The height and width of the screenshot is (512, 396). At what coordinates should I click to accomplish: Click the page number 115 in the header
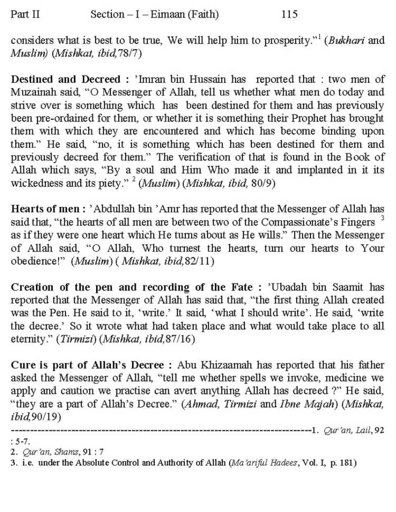[x=289, y=14]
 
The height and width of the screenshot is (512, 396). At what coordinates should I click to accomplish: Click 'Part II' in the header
[x=25, y=14]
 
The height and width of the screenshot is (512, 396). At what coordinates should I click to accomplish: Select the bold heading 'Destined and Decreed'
[x=66, y=79]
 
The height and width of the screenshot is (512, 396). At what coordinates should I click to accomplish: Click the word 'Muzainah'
[x=32, y=92]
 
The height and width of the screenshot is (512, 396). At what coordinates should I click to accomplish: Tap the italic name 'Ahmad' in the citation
[x=200, y=404]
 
